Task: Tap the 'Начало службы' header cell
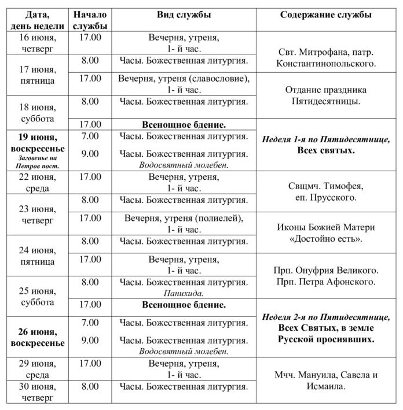pyautogui.click(x=90, y=20)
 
